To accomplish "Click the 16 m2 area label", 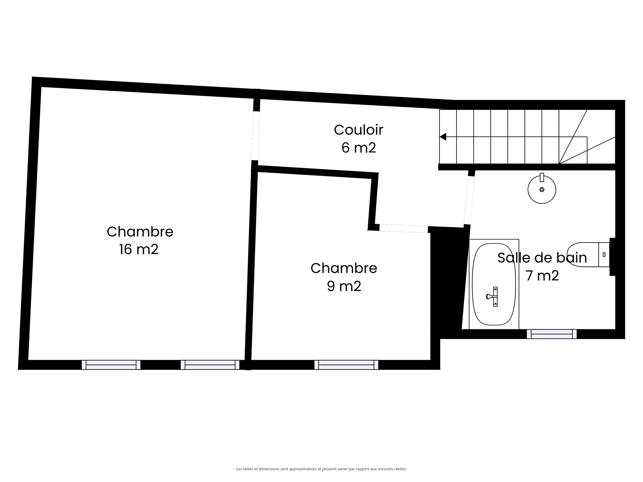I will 139,249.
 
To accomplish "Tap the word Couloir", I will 358,130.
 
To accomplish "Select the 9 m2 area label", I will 344,286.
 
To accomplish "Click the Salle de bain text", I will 542,258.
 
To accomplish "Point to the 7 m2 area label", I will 542,276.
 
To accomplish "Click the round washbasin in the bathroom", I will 542,189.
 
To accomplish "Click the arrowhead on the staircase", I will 443,137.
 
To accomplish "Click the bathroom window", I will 552,334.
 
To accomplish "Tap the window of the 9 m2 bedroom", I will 346,365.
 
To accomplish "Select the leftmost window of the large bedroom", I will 111,365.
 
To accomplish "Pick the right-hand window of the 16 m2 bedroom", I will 210,365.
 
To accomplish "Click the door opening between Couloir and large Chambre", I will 256,136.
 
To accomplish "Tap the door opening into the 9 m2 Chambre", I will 404,229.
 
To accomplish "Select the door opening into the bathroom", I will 469,200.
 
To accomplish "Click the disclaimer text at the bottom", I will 321,469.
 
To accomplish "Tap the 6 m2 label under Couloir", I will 358,148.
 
